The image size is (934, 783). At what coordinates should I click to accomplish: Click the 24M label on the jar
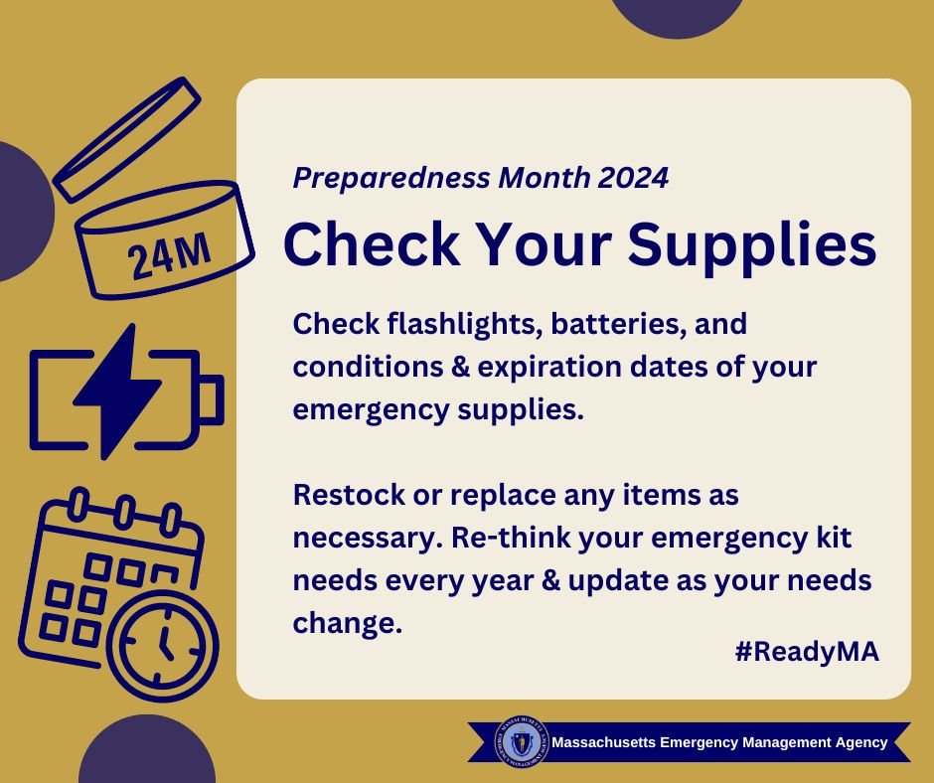coord(170,255)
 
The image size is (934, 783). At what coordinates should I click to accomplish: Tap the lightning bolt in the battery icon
coord(117,391)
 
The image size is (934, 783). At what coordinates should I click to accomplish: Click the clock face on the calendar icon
coord(162,645)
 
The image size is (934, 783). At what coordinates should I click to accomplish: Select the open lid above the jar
coord(127,139)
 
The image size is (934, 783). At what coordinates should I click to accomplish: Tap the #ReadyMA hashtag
coord(807,651)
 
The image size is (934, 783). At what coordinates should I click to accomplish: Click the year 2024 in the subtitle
coord(633,178)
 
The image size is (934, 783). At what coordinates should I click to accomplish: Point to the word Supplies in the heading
coord(752,244)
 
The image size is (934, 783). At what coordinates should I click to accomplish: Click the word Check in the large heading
coord(373,243)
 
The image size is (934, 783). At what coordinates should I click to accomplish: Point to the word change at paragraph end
coord(344,624)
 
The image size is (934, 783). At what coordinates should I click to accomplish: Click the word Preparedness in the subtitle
coord(391,178)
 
